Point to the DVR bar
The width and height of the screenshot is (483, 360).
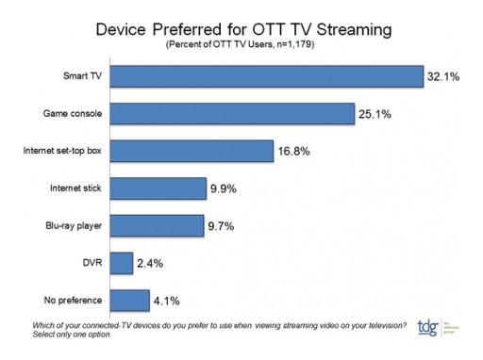point(121,263)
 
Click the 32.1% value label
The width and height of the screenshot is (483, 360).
point(443,76)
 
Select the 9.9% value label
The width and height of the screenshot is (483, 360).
point(225,188)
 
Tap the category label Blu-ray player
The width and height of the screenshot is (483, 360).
point(76,225)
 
